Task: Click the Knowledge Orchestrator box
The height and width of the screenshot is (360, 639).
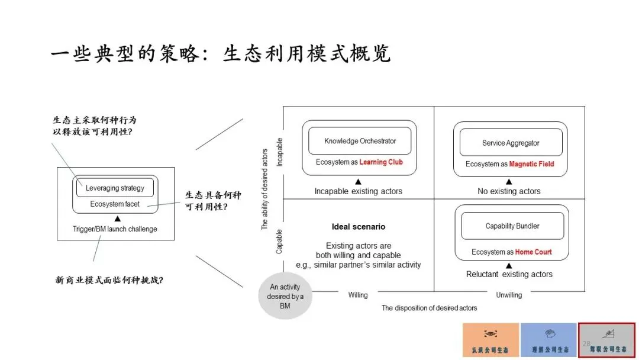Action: pyautogui.click(x=360, y=141)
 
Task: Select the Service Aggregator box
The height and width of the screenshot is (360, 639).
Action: pyautogui.click(x=510, y=143)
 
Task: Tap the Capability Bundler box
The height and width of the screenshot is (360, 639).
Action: pyautogui.click(x=512, y=226)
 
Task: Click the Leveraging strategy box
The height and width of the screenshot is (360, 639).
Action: pyautogui.click(x=115, y=188)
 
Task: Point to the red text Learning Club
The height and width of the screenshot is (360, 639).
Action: pyautogui.click(x=381, y=162)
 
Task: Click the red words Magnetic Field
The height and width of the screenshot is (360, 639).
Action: pyautogui.click(x=531, y=164)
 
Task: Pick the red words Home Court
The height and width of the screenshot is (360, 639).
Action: pyautogui.click(x=533, y=252)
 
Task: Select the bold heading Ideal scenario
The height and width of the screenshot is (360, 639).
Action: pyautogui.click(x=358, y=227)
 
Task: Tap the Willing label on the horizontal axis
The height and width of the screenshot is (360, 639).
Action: pyautogui.click(x=357, y=295)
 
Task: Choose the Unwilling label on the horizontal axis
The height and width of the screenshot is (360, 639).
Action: pyautogui.click(x=509, y=295)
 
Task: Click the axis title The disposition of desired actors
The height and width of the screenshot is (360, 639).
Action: pyautogui.click(x=429, y=308)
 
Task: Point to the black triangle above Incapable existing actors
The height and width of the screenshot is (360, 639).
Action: pyautogui.click(x=358, y=182)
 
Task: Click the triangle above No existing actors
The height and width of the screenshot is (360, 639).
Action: pyautogui.click(x=509, y=182)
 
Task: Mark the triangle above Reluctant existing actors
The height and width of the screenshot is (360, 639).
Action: pyautogui.click(x=509, y=265)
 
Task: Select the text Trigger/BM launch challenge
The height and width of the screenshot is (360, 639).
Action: pyautogui.click(x=115, y=229)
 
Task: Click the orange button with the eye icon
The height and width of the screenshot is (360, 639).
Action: pyautogui.click(x=490, y=340)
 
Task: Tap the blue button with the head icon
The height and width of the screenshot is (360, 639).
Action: pyautogui.click(x=548, y=340)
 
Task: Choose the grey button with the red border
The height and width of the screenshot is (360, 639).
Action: pyautogui.click(x=606, y=340)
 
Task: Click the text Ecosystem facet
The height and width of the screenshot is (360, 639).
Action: pyautogui.click(x=115, y=204)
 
